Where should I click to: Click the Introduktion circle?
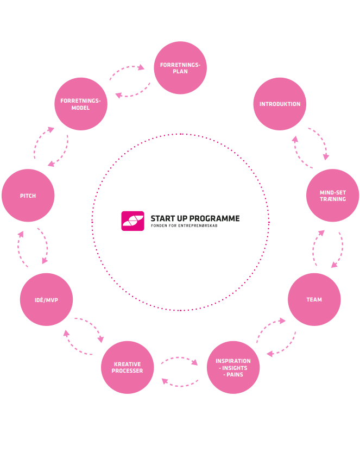click(280, 104)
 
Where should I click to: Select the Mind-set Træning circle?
click(332, 195)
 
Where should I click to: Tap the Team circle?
click(314, 299)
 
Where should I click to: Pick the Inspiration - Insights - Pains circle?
click(233, 367)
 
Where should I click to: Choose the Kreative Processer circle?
click(128, 367)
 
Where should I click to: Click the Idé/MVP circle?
click(46, 299)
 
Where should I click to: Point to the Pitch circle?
click(28, 196)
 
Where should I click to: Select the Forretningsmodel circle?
click(81, 104)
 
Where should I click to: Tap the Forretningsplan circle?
click(180, 68)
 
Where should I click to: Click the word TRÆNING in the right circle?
click(332, 199)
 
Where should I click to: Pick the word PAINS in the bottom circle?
click(235, 374)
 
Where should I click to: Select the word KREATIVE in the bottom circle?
click(128, 364)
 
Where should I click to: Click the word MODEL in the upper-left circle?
click(80, 108)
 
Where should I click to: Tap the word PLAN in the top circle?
click(180, 72)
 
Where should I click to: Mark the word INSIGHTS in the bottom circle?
click(234, 368)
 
